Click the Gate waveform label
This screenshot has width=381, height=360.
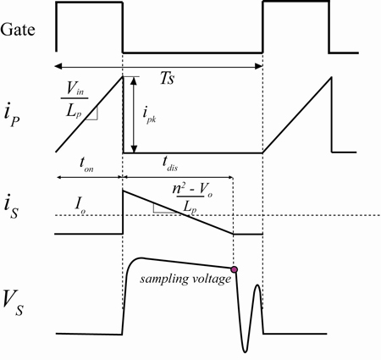tap(18, 30)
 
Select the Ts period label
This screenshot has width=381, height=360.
tap(167, 78)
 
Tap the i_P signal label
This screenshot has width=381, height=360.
tap(12, 114)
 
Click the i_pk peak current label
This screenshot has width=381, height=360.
tap(149, 115)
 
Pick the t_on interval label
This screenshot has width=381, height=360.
tap(86, 164)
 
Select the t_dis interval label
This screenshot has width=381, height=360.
tap(170, 164)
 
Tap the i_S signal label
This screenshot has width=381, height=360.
tap(11, 208)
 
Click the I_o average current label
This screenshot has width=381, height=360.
tap(80, 205)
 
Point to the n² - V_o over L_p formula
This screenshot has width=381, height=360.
tap(192, 198)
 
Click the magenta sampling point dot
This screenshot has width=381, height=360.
tap(234, 269)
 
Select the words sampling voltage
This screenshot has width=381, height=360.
tap(185, 280)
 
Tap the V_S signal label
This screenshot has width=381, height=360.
tap(13, 303)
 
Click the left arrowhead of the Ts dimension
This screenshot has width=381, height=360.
tap(58, 67)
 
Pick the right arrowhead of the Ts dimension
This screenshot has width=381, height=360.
tap(259, 67)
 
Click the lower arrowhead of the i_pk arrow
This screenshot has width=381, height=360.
tap(135, 149)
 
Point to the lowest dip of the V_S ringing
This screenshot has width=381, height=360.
tap(246, 352)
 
